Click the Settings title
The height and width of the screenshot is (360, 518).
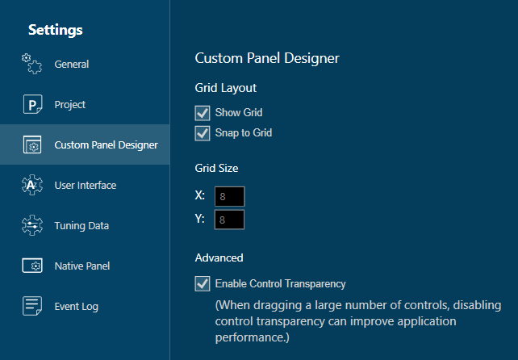pyautogui.click(x=56, y=30)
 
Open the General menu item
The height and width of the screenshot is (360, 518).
pyautogui.click(x=72, y=64)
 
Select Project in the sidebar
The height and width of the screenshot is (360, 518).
pyautogui.click(x=70, y=104)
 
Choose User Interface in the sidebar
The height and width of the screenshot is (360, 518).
pyautogui.click(x=86, y=185)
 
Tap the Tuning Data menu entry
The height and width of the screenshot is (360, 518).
pyautogui.click(x=81, y=225)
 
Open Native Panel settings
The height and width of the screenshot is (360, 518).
pyautogui.click(x=82, y=266)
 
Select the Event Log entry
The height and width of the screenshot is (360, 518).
pyautogui.click(x=77, y=307)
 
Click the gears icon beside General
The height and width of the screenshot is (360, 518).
pyautogui.click(x=31, y=64)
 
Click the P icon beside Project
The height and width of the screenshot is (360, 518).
pyautogui.click(x=33, y=104)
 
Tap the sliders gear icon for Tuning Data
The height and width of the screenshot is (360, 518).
pyautogui.click(x=32, y=225)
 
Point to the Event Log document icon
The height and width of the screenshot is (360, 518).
pyautogui.click(x=32, y=306)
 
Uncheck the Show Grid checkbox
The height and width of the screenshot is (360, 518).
pyautogui.click(x=203, y=113)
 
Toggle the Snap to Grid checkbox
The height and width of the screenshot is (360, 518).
pyautogui.click(x=203, y=133)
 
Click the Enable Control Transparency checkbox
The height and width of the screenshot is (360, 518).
pyautogui.click(x=203, y=283)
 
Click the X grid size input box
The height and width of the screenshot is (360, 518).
pyautogui.click(x=230, y=196)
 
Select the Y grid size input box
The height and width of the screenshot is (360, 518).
pyautogui.click(x=230, y=220)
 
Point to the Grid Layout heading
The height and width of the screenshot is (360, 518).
pyautogui.click(x=226, y=88)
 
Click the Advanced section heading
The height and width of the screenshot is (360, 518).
pyautogui.click(x=219, y=257)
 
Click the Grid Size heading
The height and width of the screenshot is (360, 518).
pyautogui.click(x=216, y=168)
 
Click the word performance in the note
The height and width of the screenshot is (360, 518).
pyautogui.click(x=252, y=337)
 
